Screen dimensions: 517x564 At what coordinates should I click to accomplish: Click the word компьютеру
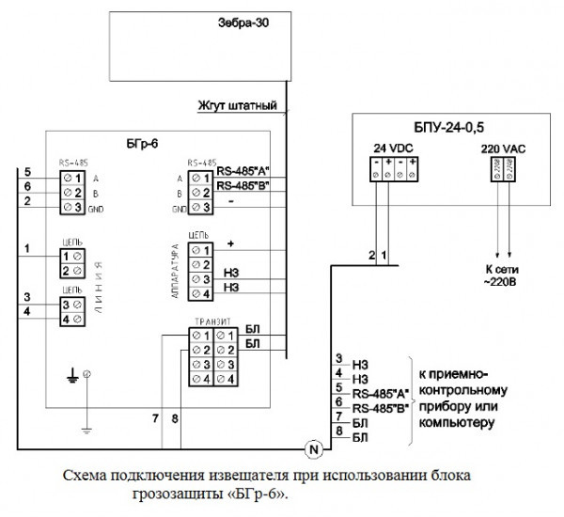[455, 424]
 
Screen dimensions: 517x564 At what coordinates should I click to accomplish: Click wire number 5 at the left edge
[28, 173]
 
